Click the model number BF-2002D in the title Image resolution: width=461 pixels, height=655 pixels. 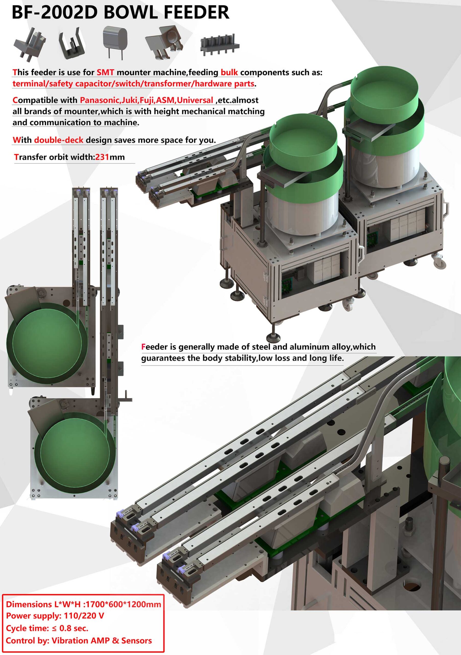click(55, 13)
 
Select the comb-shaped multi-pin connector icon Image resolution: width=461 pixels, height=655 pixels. click(220, 45)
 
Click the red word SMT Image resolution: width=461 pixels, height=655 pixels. click(105, 72)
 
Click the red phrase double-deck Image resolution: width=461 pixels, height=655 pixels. click(59, 140)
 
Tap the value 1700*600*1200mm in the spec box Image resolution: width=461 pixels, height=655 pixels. click(123, 605)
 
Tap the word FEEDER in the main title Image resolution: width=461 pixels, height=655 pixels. click(196, 13)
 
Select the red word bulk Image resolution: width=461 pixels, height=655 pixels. click(229, 72)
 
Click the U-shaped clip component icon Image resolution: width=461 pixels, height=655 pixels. click(72, 44)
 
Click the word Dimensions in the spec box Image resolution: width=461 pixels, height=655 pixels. click(29, 605)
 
